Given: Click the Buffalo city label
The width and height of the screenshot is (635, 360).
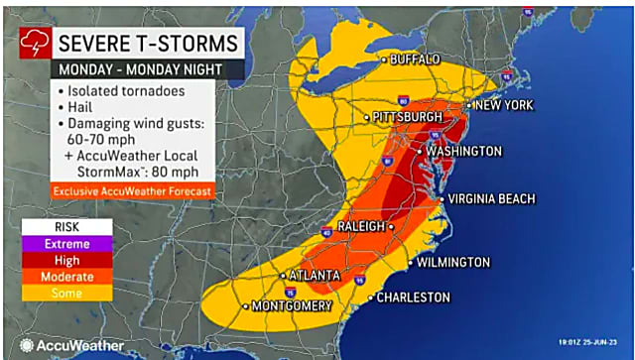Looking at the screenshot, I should pyautogui.click(x=415, y=60).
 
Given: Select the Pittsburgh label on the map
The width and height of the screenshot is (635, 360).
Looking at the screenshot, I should pyautogui.click(x=409, y=118).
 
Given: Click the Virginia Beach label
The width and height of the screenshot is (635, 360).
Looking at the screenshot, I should pyautogui.click(x=491, y=198).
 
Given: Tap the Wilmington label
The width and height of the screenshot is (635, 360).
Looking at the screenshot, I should pyautogui.click(x=452, y=263).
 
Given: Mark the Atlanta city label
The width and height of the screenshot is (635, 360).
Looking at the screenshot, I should pyautogui.click(x=315, y=275).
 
